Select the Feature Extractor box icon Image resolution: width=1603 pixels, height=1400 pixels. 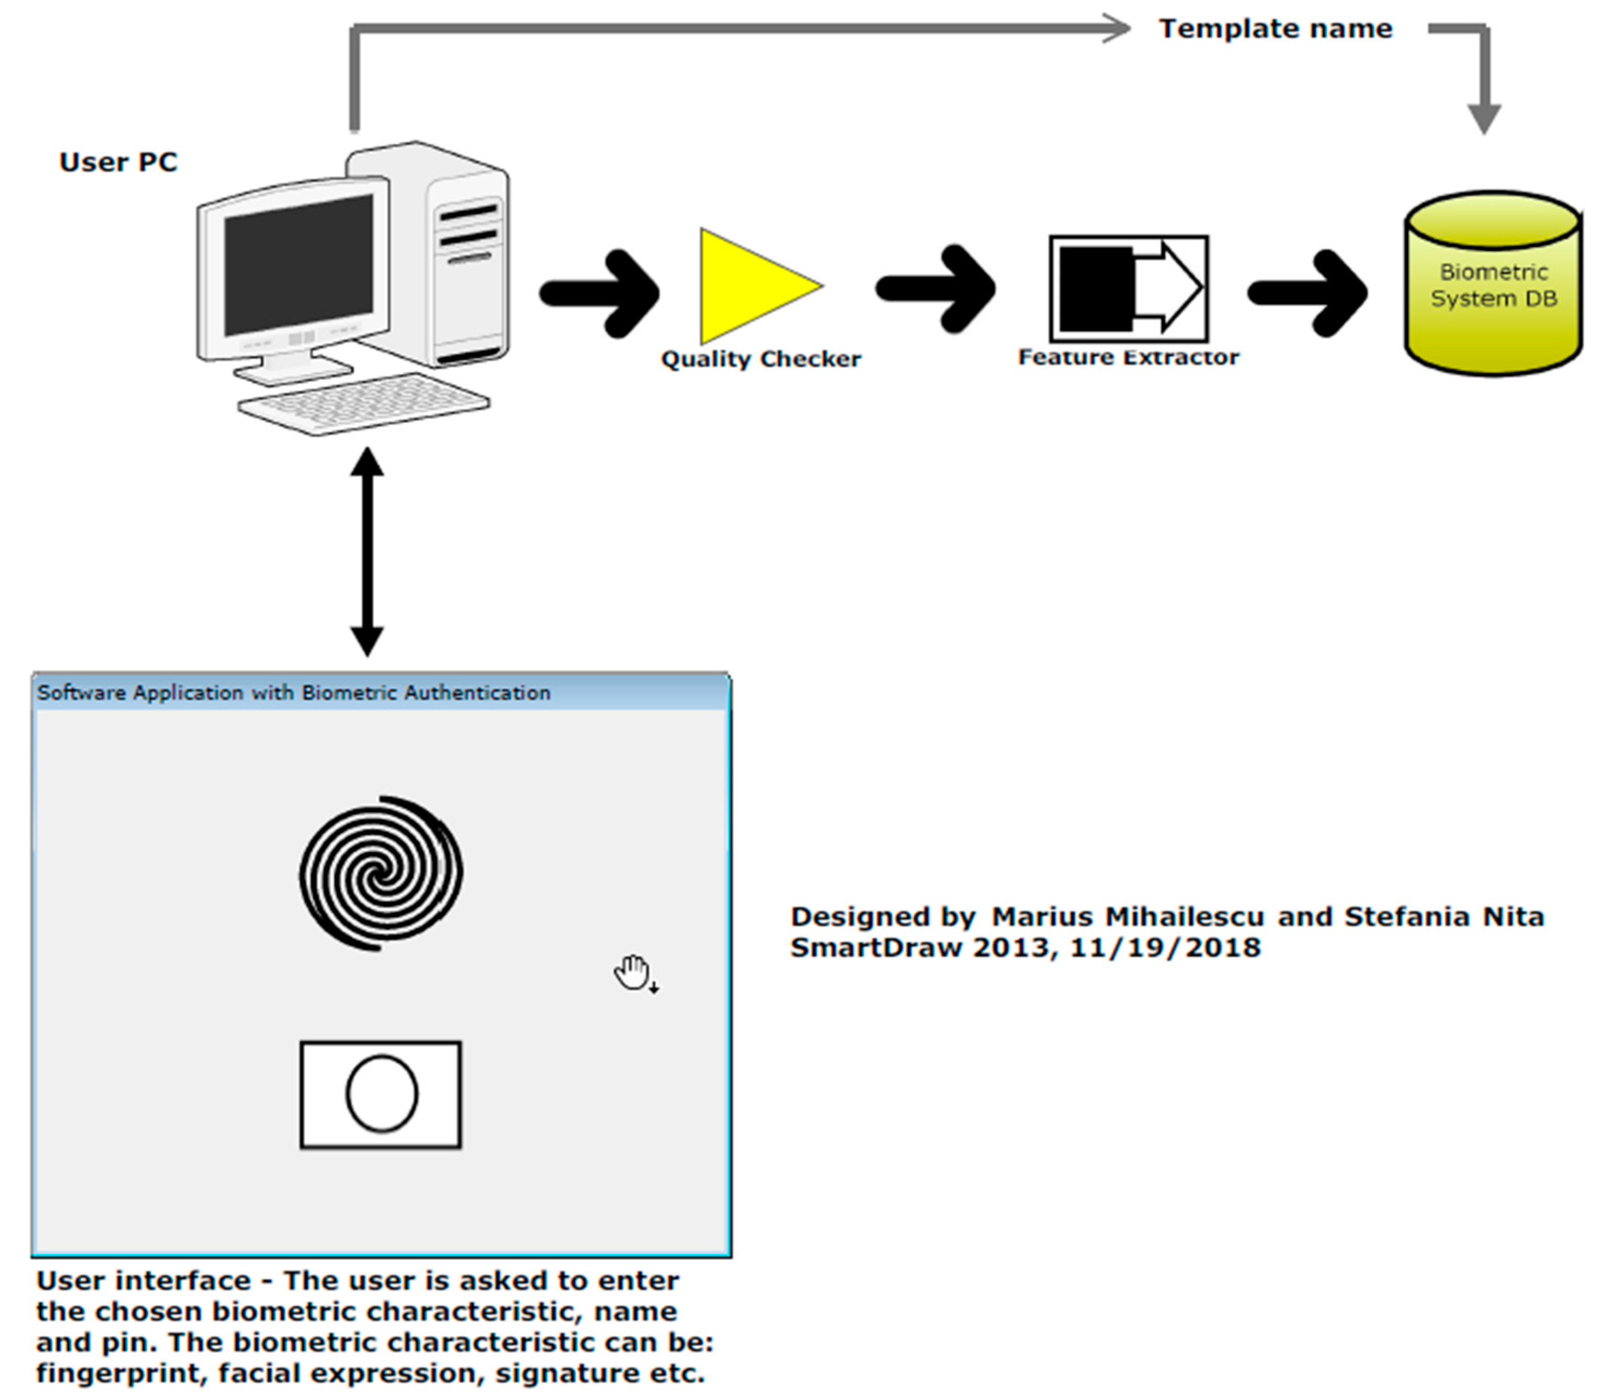tap(1128, 288)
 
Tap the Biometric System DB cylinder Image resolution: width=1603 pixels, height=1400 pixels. tap(1492, 285)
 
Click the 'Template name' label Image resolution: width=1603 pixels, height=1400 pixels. tap(1275, 29)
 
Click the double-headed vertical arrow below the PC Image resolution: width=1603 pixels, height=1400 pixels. tap(366, 551)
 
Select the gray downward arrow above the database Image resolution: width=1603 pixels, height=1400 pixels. tap(1483, 94)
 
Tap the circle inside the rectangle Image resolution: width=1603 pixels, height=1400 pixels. tap(381, 1094)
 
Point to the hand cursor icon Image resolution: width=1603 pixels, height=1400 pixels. tap(634, 973)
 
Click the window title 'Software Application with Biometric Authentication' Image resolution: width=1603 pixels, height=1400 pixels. tap(294, 693)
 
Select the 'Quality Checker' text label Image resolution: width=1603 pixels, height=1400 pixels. tap(760, 359)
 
